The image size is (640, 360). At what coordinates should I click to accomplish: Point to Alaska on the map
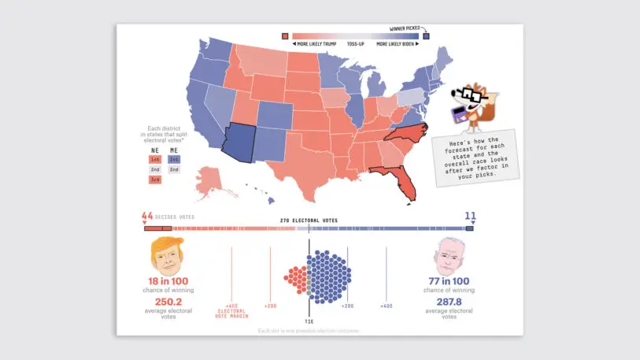(210, 179)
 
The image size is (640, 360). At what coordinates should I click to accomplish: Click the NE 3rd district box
(154, 180)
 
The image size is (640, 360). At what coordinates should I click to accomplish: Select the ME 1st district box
(174, 159)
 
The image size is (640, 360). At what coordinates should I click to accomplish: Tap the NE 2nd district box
(154, 169)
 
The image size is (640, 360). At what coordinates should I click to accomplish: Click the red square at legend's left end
(285, 35)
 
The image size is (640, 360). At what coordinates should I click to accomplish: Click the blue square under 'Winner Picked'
(426, 35)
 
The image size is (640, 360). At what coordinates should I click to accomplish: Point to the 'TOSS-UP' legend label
(357, 44)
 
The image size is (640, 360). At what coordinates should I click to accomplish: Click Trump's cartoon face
(163, 254)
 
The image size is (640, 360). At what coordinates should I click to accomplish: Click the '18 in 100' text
(168, 281)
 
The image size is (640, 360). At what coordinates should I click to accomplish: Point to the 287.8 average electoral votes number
(449, 302)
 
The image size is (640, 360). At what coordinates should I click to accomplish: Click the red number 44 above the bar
(147, 216)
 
